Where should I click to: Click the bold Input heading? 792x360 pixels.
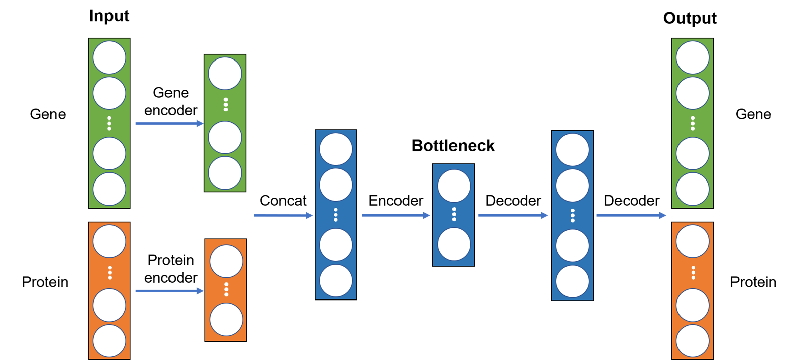[x=109, y=16]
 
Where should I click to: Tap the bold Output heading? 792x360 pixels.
[x=690, y=18]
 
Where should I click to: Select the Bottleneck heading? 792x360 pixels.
[x=453, y=146]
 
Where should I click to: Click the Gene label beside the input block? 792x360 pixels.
[x=48, y=114]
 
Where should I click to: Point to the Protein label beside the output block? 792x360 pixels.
[x=753, y=282]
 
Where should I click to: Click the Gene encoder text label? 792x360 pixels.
[x=171, y=102]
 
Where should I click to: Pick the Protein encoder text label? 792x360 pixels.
[x=171, y=269]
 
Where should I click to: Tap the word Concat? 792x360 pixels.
[x=283, y=201]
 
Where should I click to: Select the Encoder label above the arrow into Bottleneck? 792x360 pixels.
[x=395, y=201]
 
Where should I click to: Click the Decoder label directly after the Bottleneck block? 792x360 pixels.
[x=513, y=201]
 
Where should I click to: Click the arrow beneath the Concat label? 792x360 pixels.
[x=283, y=215]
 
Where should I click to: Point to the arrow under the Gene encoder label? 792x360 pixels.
[x=169, y=124]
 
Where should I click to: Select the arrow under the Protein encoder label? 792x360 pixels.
[x=169, y=291]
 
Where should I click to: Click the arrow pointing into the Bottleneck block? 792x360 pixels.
[x=395, y=215]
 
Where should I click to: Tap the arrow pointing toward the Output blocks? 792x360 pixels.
[x=631, y=215]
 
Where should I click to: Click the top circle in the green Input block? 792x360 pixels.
[x=109, y=57]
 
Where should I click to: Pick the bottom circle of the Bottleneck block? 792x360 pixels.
[x=454, y=244]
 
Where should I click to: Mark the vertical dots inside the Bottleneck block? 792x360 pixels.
[x=454, y=214]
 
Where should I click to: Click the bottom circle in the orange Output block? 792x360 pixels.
[x=693, y=341]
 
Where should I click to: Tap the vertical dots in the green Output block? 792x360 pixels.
[x=693, y=124]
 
